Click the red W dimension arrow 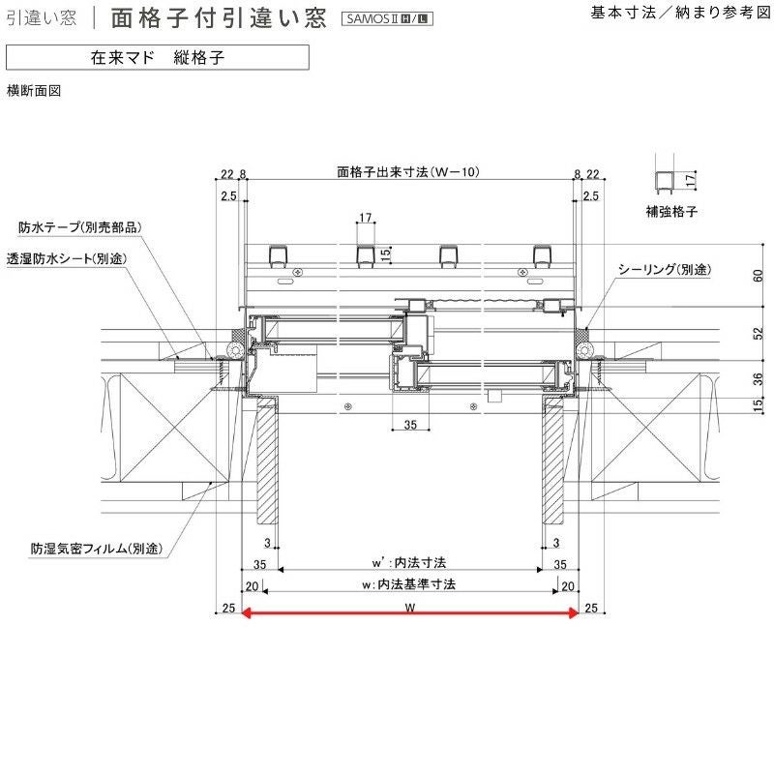tap(410, 611)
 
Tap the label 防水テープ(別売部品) tap(80, 228)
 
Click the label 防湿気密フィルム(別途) tap(95, 549)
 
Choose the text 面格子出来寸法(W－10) tap(408, 173)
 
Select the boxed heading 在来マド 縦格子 tap(158, 57)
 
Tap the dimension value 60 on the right tap(759, 276)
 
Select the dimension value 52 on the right tap(759, 333)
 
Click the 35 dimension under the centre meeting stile tap(409, 425)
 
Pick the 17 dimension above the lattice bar tap(365, 219)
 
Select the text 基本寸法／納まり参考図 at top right tap(677, 14)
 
